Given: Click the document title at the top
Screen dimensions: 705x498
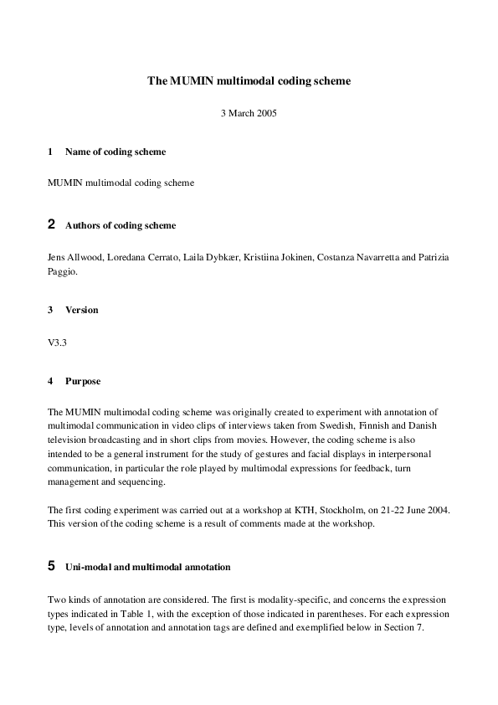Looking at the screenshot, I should tap(249, 81).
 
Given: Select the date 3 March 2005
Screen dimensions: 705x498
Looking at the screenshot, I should tap(249, 113).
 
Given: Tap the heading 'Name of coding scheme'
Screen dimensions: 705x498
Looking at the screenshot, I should tap(115, 152).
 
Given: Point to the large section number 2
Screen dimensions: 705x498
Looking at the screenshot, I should tap(52, 224).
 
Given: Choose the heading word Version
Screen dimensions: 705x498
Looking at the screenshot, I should tap(81, 310).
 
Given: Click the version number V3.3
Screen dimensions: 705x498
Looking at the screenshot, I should tap(58, 342).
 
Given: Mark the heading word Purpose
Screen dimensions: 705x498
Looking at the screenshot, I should tap(83, 381).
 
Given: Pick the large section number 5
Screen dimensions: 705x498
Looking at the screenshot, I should tap(52, 567).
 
